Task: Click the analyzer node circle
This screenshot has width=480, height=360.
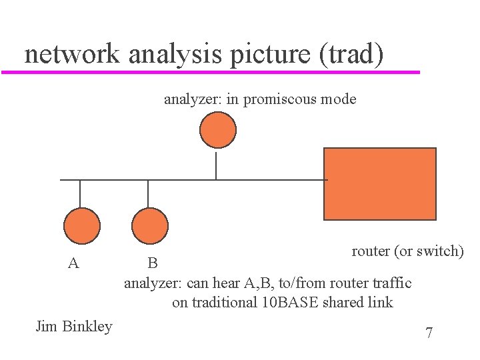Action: click(x=218, y=129)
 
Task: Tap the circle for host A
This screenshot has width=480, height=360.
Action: click(x=81, y=226)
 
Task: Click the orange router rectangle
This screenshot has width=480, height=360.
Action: click(x=379, y=184)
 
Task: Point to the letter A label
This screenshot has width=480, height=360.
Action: click(x=74, y=263)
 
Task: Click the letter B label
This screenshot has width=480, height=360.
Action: click(x=153, y=263)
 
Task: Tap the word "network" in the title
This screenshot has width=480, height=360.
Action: click(x=72, y=53)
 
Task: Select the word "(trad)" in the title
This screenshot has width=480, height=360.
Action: click(x=351, y=53)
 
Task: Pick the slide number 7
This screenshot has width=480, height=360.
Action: click(x=429, y=333)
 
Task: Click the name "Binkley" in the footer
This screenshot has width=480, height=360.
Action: click(x=87, y=326)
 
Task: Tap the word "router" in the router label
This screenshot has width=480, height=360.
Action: click(x=371, y=251)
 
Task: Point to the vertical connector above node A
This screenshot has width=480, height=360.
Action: click(x=80, y=193)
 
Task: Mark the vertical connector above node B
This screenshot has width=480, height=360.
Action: click(x=148, y=193)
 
